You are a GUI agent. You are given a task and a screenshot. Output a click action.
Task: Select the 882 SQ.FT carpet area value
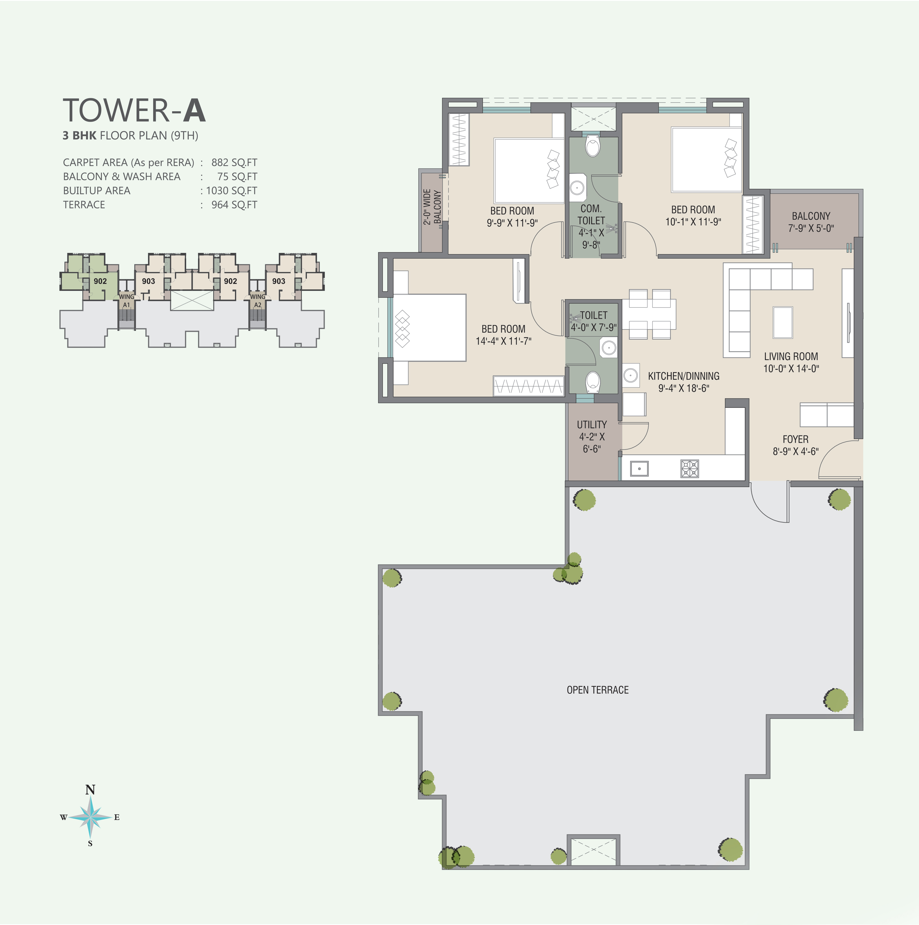pyautogui.click(x=234, y=163)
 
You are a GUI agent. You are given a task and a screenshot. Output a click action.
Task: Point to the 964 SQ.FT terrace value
pyautogui.click(x=234, y=205)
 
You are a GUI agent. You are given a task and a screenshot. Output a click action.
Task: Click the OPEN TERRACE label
pyautogui.click(x=597, y=690)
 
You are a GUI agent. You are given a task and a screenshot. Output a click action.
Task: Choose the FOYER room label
pyautogui.click(x=795, y=439)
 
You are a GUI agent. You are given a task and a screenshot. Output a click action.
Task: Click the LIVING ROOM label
pyautogui.click(x=791, y=356)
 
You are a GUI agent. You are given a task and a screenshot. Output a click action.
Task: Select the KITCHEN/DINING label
pyautogui.click(x=684, y=376)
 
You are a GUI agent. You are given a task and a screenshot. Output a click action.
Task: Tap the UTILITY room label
pyautogui.click(x=592, y=425)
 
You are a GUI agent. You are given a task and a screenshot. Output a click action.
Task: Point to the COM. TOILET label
pyautogui.click(x=591, y=215)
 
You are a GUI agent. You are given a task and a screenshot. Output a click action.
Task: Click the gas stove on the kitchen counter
pyautogui.click(x=689, y=469)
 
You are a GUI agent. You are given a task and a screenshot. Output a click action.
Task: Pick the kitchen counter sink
pyautogui.click(x=639, y=469)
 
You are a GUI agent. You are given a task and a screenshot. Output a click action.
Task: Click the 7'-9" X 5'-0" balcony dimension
pyautogui.click(x=811, y=228)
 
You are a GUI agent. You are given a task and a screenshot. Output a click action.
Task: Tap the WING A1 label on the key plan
pyautogui.click(x=126, y=301)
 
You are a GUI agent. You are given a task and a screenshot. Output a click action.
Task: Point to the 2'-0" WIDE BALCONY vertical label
pyautogui.click(x=432, y=207)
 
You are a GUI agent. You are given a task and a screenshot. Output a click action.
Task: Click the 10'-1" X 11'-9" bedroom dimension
pyautogui.click(x=693, y=222)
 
